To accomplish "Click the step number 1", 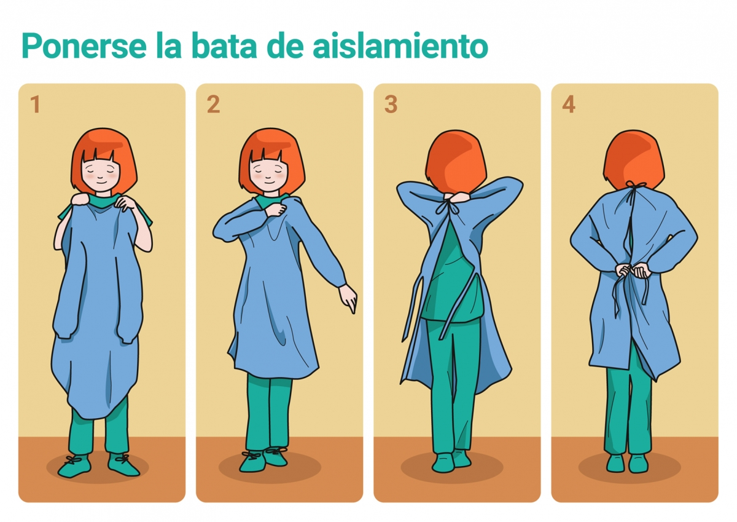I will point(35,105).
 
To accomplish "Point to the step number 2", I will point(213,105).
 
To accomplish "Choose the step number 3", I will point(391,105).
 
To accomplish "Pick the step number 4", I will point(569,105).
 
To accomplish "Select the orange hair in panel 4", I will point(633,157).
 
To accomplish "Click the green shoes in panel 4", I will point(627,462).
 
